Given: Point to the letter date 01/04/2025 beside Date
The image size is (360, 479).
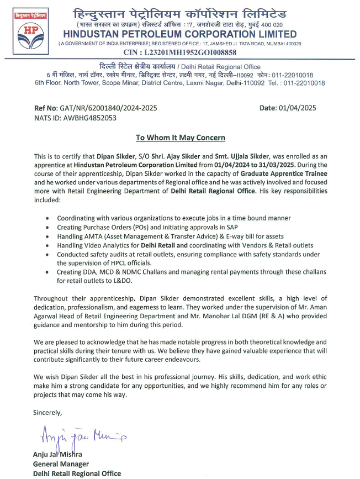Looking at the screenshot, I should [x=296, y=108].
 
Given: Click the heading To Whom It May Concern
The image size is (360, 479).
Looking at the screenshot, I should [x=181, y=138].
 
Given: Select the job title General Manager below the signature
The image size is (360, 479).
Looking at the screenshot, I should [x=61, y=464].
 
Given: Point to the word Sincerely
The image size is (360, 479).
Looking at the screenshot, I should [x=48, y=412].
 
